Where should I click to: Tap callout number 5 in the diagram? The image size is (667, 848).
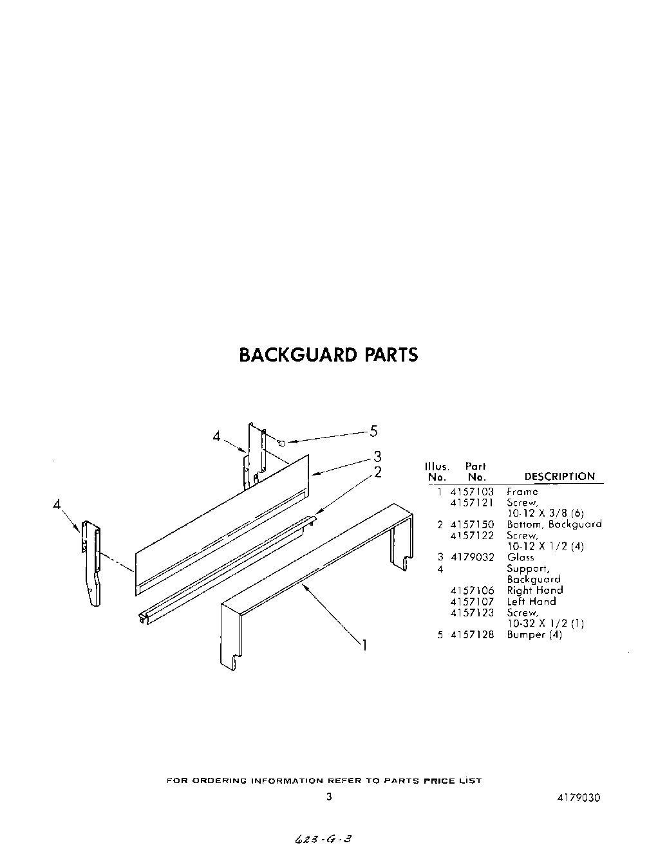(373, 432)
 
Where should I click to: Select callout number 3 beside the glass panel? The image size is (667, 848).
(378, 456)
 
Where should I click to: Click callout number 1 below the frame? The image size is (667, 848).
(364, 644)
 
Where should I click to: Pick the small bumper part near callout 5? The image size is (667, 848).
(281, 443)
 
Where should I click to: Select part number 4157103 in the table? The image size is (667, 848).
(472, 492)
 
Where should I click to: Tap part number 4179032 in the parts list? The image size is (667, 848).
(472, 557)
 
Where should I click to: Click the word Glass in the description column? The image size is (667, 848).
(520, 557)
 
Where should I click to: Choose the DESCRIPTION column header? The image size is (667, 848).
(559, 477)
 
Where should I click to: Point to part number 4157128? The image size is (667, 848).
(472, 634)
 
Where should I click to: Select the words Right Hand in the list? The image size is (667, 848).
(534, 590)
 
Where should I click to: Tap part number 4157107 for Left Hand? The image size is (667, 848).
(472, 602)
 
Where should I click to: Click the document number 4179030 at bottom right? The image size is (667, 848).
(579, 797)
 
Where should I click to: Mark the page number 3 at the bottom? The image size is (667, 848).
(329, 797)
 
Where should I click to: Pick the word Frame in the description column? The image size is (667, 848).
(522, 492)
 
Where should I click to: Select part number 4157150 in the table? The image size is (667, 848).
(472, 524)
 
